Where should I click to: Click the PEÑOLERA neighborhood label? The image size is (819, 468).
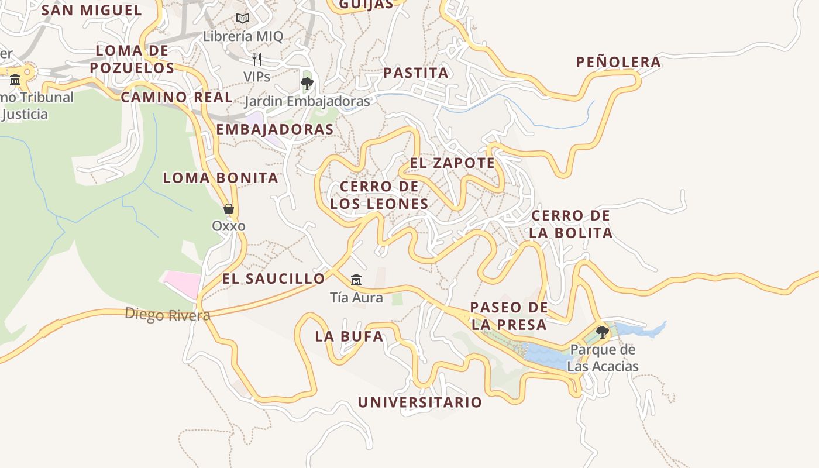[x=618, y=62]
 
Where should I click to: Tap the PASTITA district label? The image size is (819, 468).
[x=416, y=73]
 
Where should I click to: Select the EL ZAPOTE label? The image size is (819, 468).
[x=452, y=163]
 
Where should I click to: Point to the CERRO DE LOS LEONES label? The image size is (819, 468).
[x=379, y=195]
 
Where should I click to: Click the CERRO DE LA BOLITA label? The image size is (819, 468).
[x=571, y=224]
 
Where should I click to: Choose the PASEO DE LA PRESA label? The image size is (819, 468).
[x=509, y=316]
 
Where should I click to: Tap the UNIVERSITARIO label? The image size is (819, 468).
[x=420, y=402]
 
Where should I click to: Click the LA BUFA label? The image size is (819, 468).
[x=349, y=336]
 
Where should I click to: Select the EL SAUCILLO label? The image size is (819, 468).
[x=273, y=279]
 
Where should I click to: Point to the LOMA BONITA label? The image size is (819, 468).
[x=221, y=178]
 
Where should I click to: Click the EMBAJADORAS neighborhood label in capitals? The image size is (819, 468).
[x=275, y=130]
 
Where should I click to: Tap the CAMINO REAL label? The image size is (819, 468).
[x=177, y=97]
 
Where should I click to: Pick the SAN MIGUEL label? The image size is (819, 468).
[x=92, y=10]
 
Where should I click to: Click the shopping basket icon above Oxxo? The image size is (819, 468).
[x=229, y=209]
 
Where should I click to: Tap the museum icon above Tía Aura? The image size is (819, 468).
[x=356, y=280]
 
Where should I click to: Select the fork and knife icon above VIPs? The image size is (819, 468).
[x=256, y=59]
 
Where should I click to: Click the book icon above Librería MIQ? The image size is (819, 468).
[x=243, y=18]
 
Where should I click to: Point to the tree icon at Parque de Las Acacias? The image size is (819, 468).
[x=602, y=332]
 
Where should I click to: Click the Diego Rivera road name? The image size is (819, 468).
[x=167, y=315]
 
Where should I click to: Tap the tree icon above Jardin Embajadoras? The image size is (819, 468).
[x=307, y=84]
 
